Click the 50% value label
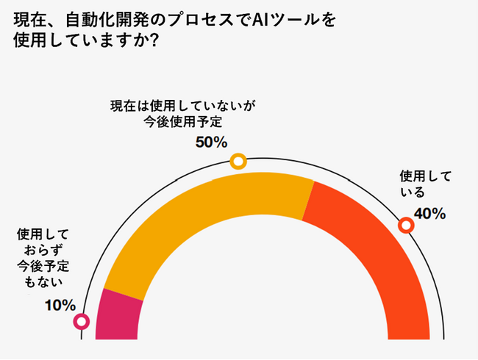point(211,142)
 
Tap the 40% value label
point(430,214)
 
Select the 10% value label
point(60,304)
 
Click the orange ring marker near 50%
point(238,162)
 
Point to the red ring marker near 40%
point(405,226)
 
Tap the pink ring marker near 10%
point(82,321)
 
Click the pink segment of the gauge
point(118,316)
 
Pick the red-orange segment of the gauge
point(368,250)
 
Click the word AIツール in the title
point(282,19)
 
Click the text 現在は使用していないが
point(182,107)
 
